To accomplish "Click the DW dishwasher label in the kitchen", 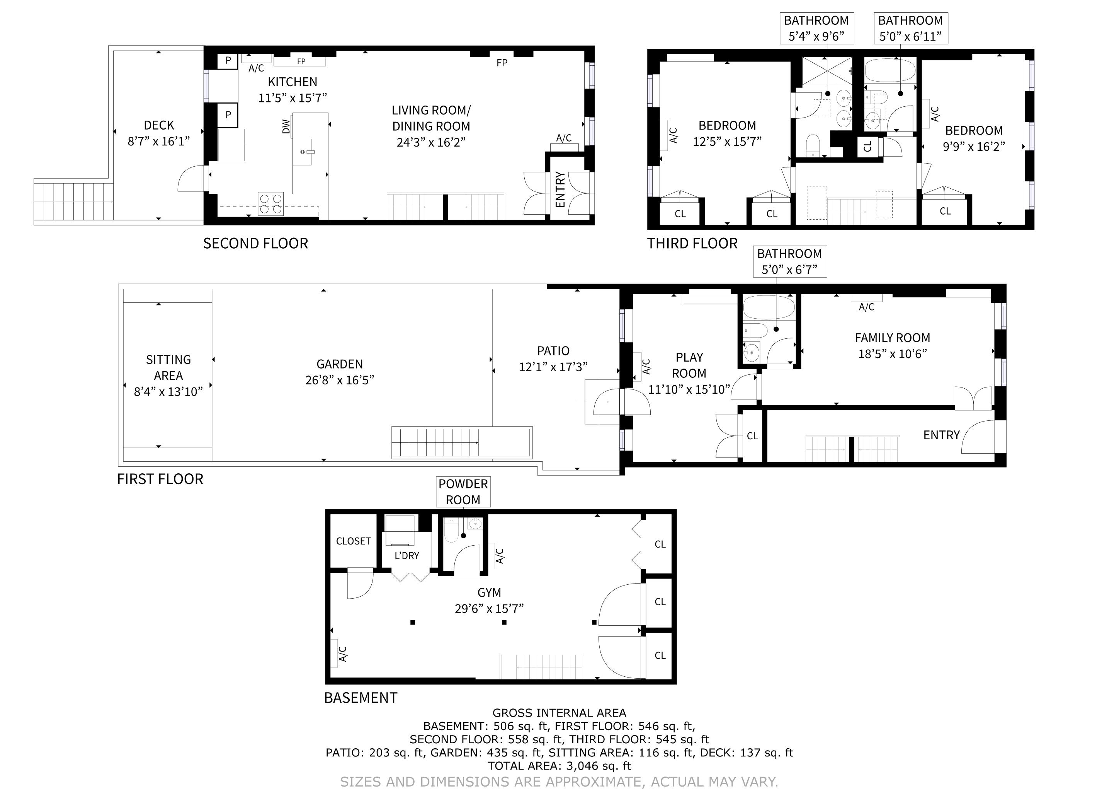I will [286, 127].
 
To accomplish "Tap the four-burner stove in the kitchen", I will [270, 204].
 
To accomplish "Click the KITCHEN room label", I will [293, 82].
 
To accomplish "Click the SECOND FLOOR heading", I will [255, 243].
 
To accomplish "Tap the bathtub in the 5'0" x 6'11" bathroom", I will [890, 70].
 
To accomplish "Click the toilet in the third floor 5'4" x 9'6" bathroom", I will [813, 145].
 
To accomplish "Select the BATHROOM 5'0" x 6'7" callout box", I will [789, 261].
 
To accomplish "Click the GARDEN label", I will [340, 364].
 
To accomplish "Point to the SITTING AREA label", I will [168, 368].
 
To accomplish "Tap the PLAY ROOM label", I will [689, 365].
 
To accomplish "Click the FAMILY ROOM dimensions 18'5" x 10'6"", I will [892, 354].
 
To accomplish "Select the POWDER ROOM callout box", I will [463, 492].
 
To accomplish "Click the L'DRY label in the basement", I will [406, 555].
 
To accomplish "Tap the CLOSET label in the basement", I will [353, 541].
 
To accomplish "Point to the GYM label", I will [489, 592].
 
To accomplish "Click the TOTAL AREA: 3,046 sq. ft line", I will [559, 766].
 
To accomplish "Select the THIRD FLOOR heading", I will [692, 243].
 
